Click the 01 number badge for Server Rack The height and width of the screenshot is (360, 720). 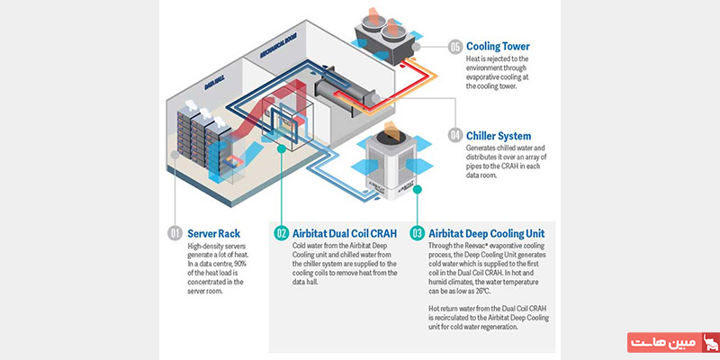pyautogui.click(x=175, y=234)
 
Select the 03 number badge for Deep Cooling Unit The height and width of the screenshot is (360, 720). pyautogui.click(x=417, y=234)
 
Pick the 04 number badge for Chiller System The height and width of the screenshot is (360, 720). pyautogui.click(x=455, y=136)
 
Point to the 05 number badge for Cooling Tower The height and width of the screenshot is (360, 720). pyautogui.click(x=455, y=46)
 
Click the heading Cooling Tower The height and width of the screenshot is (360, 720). pyautogui.click(x=498, y=46)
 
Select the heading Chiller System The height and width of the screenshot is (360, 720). pyautogui.click(x=499, y=136)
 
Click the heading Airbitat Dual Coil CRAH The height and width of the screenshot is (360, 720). pyautogui.click(x=344, y=234)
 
